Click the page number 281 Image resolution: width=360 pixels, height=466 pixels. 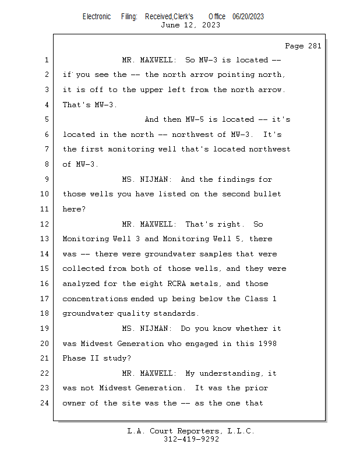(x=315, y=46)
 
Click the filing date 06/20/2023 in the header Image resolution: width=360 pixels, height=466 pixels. (x=248, y=17)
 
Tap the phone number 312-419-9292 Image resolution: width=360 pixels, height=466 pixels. (x=191, y=439)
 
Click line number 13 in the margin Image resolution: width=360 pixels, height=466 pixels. (x=45, y=239)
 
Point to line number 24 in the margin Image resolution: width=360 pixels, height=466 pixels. (x=45, y=403)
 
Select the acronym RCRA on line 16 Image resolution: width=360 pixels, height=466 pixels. (x=177, y=284)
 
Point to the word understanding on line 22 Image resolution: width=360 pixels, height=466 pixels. (x=229, y=373)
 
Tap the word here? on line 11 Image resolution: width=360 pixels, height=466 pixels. (x=74, y=209)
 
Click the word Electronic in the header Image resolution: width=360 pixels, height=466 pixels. (x=97, y=17)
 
